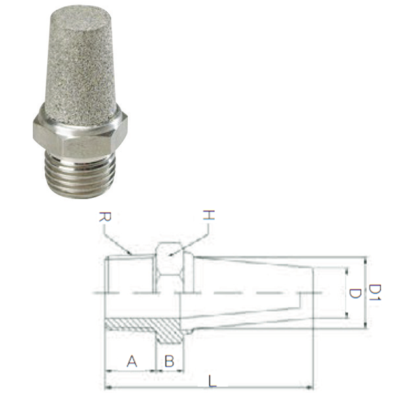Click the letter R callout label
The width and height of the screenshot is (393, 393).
coord(105,217)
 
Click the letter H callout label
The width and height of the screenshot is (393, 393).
coord(209,215)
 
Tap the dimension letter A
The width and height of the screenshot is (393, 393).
coord(132,361)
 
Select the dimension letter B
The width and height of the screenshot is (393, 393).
coord(169,361)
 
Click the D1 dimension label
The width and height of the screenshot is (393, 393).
coord(375,292)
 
